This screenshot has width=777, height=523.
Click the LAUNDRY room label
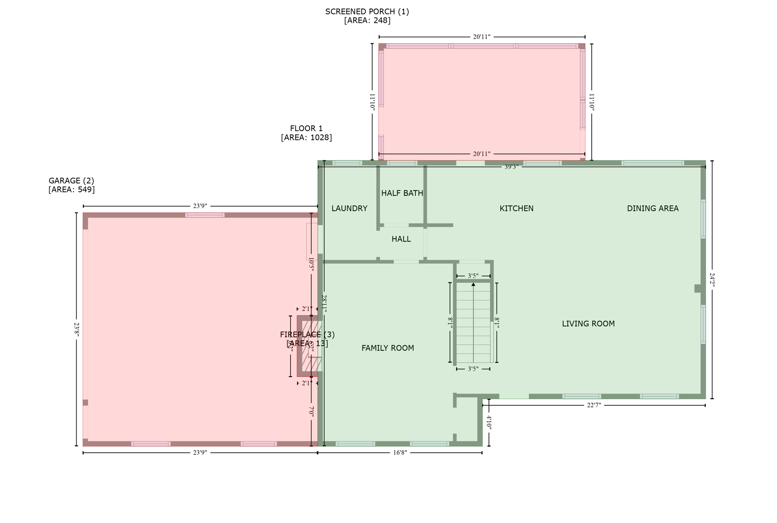(349, 208)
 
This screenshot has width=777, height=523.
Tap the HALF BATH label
(402, 193)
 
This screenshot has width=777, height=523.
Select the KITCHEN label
(516, 208)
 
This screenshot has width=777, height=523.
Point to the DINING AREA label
(652, 208)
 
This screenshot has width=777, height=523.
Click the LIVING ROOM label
(588, 324)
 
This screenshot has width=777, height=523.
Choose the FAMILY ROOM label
(387, 348)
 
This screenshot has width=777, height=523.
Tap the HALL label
(401, 239)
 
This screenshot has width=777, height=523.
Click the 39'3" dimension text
(511, 167)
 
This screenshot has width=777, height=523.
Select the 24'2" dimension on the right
(712, 280)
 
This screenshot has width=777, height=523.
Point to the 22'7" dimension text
(594, 405)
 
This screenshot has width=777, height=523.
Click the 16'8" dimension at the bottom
(400, 453)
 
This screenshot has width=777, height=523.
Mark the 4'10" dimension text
(489, 422)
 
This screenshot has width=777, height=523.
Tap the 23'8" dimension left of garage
(76, 329)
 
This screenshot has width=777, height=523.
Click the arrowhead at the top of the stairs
(473, 284)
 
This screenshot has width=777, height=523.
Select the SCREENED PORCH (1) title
(367, 12)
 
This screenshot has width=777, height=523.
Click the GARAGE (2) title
(71, 181)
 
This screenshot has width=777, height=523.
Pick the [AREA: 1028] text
(306, 137)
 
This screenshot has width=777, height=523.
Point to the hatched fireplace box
(309, 346)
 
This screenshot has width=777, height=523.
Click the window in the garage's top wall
(204, 215)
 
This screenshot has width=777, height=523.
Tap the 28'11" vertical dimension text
(324, 304)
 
